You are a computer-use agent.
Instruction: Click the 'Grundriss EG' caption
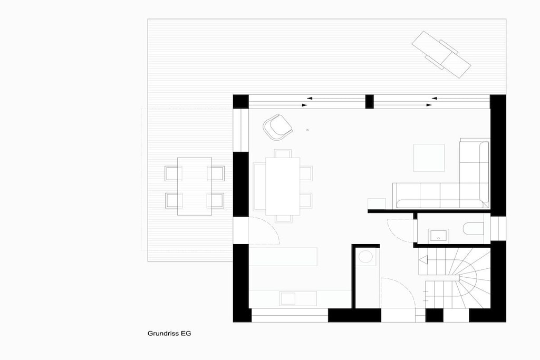pos(169,333)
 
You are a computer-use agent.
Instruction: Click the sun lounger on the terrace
pos(441,54)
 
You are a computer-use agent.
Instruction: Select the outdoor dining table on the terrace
pos(195,186)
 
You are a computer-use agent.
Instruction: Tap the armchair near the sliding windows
pos(277,127)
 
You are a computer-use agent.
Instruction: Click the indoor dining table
pos(283,186)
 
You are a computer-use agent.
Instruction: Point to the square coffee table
pos(429,158)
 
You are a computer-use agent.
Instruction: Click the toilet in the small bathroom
pos(474,229)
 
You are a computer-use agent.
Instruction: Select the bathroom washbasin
pos(438,236)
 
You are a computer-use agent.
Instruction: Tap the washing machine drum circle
pos(365,257)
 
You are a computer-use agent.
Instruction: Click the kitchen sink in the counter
pos(288,298)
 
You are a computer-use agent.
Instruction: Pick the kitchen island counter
pos(283,256)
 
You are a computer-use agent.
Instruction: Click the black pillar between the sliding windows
pos(369,102)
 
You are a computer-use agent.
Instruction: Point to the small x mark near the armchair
pos(307,130)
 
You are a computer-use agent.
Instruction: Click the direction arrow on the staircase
pos(423,260)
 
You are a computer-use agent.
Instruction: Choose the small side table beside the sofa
pos(377,203)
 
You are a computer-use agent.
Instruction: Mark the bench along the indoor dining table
pos(259,187)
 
